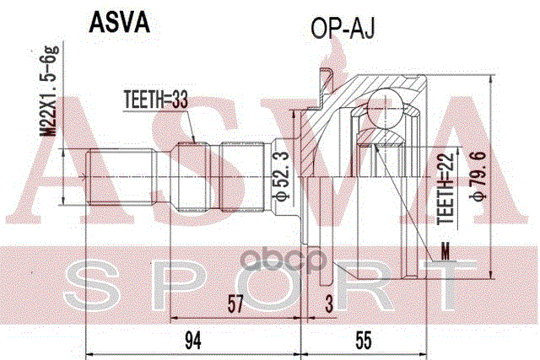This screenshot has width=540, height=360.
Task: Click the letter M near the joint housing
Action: click(445, 250)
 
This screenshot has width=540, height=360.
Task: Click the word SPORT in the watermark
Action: click(270, 279)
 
